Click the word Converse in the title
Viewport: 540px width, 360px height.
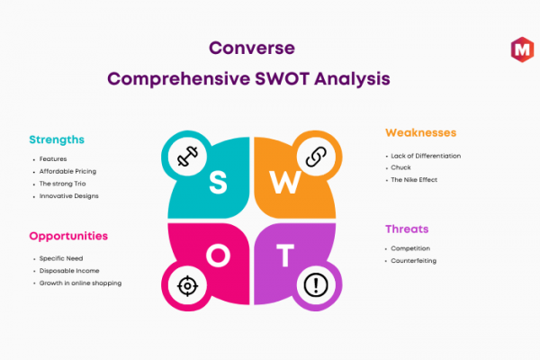pyautogui.click(x=252, y=48)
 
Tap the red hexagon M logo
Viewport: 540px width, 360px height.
pyautogui.click(x=522, y=49)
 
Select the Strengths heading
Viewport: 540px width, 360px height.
pyautogui.click(x=57, y=139)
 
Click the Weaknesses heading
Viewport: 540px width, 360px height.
pyautogui.click(x=421, y=132)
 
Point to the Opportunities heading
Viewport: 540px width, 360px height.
pyautogui.click(x=68, y=237)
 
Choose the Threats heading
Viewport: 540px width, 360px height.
pyautogui.click(x=407, y=229)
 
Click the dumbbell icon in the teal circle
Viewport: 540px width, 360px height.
pyautogui.click(x=187, y=157)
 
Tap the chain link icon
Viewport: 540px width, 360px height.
pyautogui.click(x=316, y=157)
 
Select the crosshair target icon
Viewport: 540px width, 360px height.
pyautogui.click(x=187, y=285)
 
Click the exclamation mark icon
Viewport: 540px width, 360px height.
pyautogui.click(x=316, y=285)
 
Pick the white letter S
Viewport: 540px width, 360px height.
pyautogui.click(x=218, y=182)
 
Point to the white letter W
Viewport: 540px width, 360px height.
pyautogui.click(x=285, y=182)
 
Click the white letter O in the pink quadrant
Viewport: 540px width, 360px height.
pyautogui.click(x=218, y=256)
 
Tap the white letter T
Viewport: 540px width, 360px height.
pyautogui.click(x=285, y=256)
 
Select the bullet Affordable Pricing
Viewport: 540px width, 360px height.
pyautogui.click(x=67, y=172)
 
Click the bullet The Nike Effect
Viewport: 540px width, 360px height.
pyautogui.click(x=414, y=180)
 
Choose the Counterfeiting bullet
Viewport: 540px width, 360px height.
pyautogui.click(x=414, y=261)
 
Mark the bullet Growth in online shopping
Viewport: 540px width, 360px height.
pyautogui.click(x=80, y=283)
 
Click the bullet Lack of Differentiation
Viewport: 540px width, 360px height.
pyautogui.click(x=426, y=156)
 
